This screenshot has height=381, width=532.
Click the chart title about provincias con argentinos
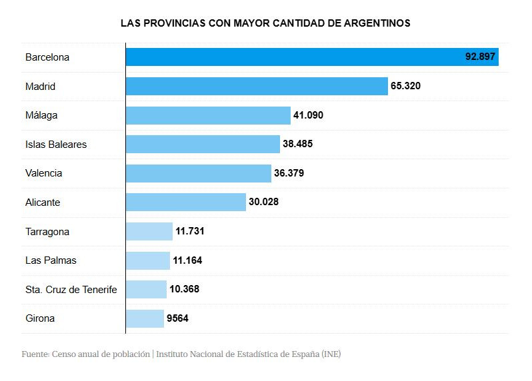tap(265, 23)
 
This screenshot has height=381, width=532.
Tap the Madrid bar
tap(257, 87)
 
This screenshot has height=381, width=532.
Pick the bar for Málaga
tap(208, 115)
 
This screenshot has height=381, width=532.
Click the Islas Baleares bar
tap(203, 144)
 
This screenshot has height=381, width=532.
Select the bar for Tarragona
tap(149, 232)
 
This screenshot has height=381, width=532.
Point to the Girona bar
tap(145, 318)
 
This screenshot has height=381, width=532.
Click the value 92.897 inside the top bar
tap(480, 57)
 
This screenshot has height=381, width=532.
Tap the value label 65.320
tap(406, 87)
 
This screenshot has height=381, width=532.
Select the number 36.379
tap(289, 173)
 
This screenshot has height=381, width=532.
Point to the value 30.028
tap(263, 202)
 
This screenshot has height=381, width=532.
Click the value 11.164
tap(187, 260)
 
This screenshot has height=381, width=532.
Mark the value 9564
tap(177, 318)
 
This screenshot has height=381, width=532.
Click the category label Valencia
tap(44, 173)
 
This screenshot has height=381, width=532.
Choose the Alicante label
tap(43, 202)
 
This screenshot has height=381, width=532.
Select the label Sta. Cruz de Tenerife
tap(71, 289)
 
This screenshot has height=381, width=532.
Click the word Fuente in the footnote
tap(34, 354)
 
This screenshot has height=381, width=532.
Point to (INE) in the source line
tap(331, 354)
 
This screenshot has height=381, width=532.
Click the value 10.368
tap(184, 289)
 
